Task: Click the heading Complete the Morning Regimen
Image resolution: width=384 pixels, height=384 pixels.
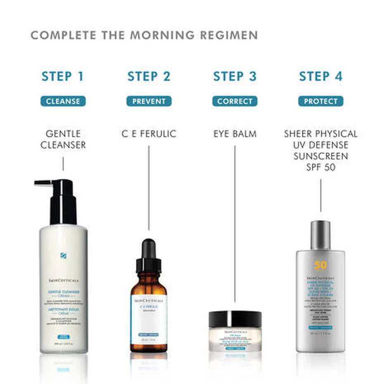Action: coord(144,35)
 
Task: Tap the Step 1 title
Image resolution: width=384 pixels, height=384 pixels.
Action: coord(63,76)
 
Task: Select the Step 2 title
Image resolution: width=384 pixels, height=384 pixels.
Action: coord(149,76)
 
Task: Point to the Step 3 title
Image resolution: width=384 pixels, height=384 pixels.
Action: coord(235,76)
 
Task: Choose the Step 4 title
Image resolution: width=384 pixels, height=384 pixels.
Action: coord(320,76)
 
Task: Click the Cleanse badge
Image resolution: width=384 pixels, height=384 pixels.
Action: coord(63,101)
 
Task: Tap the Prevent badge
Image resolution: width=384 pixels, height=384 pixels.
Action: coord(149,101)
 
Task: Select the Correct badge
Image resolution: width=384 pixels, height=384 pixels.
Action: coord(235,101)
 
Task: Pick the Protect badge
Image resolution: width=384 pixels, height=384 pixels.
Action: coord(320,101)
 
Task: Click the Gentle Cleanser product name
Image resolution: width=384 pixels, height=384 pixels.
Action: coord(63,140)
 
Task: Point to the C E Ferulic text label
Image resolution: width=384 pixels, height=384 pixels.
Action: coord(149,134)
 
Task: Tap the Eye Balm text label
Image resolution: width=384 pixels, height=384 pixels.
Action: coord(235,134)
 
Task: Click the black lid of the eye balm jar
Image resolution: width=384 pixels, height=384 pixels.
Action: coord(235,319)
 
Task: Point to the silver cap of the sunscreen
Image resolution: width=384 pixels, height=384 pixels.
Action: coord(320,235)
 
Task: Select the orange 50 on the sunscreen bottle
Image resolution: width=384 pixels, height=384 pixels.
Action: coord(320,265)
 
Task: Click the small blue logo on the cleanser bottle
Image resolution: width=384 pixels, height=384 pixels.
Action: coord(63,256)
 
